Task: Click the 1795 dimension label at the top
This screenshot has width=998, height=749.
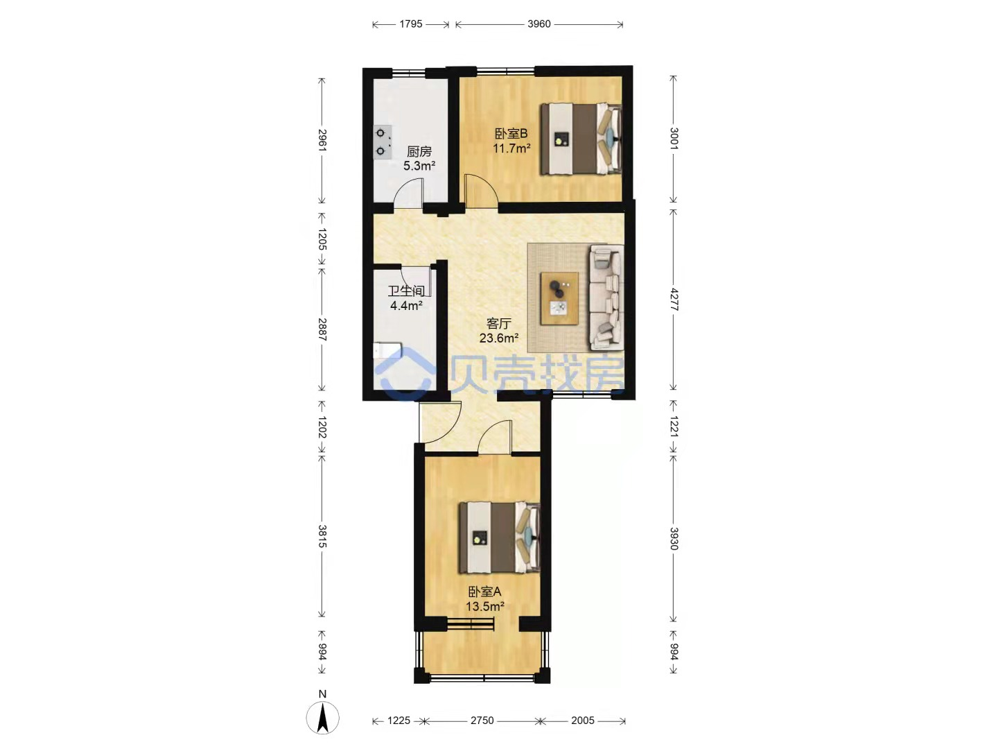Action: [410, 24]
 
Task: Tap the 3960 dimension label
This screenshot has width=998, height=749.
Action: [539, 24]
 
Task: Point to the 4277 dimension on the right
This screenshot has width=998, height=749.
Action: [674, 300]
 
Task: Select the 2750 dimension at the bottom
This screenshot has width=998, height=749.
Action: [482, 721]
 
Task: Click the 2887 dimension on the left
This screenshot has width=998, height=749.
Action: [322, 329]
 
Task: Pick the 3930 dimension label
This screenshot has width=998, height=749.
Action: [674, 539]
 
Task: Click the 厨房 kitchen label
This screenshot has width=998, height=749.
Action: [419, 151]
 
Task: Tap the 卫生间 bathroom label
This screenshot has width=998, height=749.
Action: [406, 291]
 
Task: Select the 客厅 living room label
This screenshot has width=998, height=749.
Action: [499, 324]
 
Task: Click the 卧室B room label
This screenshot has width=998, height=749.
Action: [511, 134]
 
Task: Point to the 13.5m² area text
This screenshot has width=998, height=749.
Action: [484, 606]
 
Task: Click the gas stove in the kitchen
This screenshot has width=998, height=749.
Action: [383, 142]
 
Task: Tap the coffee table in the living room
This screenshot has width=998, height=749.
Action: [559, 298]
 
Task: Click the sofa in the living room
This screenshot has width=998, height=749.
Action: [606, 298]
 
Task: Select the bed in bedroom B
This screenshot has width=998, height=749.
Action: [581, 139]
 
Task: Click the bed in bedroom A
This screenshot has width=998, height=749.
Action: [500, 537]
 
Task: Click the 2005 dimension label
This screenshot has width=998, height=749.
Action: [582, 721]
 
